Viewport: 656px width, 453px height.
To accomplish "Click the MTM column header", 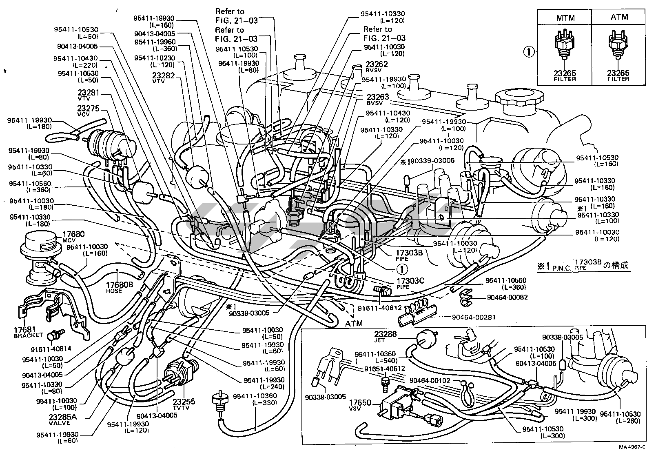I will coord(565,18).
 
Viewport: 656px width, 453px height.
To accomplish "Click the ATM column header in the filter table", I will coord(618,17).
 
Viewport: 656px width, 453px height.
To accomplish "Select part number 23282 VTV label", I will coord(163,76).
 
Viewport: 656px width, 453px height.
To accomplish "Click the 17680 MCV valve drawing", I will coord(39,257).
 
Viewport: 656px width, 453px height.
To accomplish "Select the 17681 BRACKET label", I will coord(28,331).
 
